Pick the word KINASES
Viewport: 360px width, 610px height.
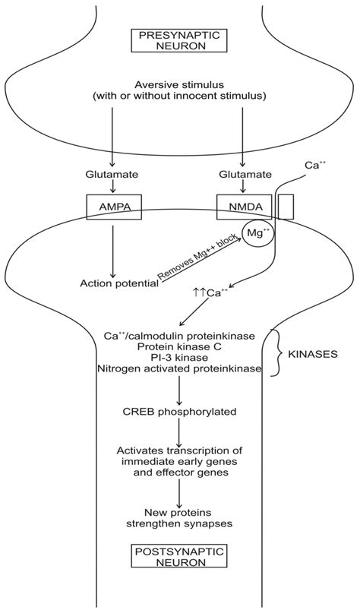pyautogui.click(x=314, y=353)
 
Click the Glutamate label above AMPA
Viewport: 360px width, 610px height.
pyautogui.click(x=112, y=174)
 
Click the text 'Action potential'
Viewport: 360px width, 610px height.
pyautogui.click(x=118, y=283)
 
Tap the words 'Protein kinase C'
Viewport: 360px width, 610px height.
pyautogui.click(x=179, y=346)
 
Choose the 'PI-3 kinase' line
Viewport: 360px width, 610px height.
pyautogui.click(x=179, y=357)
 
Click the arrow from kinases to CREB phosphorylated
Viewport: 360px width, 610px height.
pyautogui.click(x=179, y=390)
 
